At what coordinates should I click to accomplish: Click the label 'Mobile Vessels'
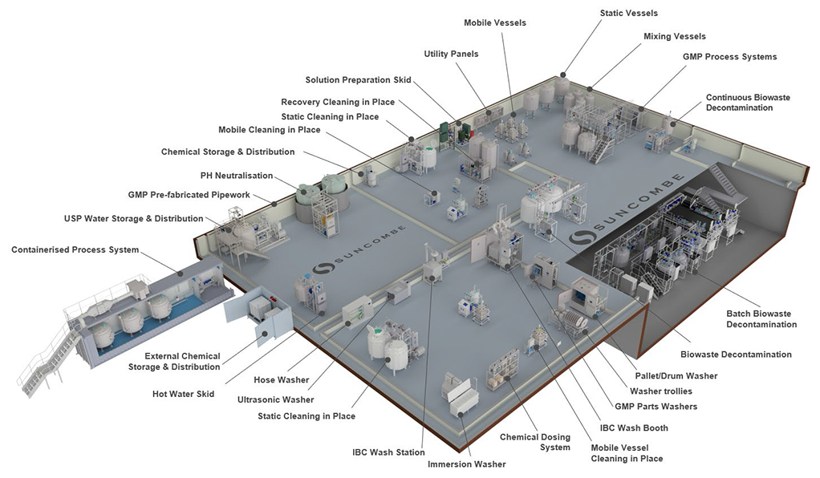pos(495,22)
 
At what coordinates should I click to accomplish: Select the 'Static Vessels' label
pos(628,13)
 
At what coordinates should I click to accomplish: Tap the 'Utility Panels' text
pos(451,54)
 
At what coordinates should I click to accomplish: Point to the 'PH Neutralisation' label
pos(237,176)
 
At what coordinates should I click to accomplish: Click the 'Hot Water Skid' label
pos(183,394)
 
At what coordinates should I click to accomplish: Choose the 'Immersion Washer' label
pos(466,464)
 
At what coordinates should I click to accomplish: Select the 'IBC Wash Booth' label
pos(634,427)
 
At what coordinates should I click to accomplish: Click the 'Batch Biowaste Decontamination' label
pos(761,319)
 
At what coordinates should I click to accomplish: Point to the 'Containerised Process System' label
pos(75,250)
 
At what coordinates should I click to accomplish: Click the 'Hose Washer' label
pos(282,379)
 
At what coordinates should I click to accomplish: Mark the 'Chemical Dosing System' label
pos(535,442)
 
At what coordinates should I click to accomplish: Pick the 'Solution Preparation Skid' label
pos(358,80)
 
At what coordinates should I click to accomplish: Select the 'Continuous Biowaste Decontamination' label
pos(748,103)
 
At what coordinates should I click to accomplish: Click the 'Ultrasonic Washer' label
pos(275,399)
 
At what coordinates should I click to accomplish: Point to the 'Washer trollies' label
pos(661,391)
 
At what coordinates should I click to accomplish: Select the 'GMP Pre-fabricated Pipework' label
pos(189,195)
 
